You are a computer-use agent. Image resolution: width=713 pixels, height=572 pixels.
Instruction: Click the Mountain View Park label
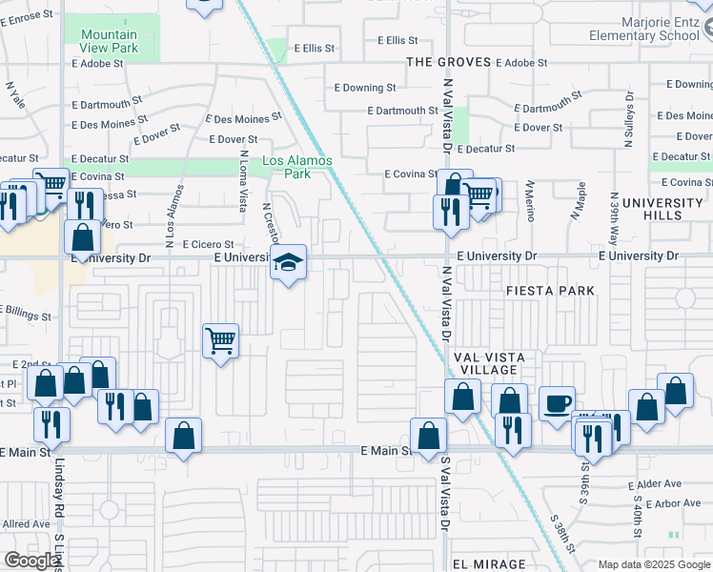coord(102,42)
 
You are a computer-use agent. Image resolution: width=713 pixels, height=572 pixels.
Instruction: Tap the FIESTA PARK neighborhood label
coord(550,291)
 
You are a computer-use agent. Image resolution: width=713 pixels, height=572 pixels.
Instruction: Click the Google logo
coord(31,561)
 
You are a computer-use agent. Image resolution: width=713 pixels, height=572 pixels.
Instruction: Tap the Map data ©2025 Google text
coord(653,564)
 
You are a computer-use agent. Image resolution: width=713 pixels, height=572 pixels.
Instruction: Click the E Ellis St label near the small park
coord(316,47)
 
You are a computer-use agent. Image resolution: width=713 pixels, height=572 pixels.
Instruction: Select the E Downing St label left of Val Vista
coord(369,88)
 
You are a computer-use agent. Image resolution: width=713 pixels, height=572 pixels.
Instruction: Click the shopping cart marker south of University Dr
coord(220,339)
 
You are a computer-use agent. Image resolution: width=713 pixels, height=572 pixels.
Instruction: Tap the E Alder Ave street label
coord(652,485)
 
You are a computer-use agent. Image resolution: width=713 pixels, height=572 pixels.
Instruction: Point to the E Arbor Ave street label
coord(653,503)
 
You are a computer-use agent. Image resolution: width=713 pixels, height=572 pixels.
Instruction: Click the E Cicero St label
coord(207,244)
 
